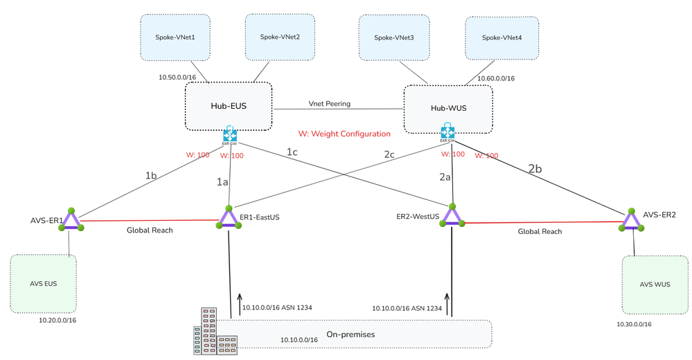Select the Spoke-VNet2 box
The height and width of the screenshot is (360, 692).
click(279, 37)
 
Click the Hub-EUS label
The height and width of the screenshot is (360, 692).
click(229, 106)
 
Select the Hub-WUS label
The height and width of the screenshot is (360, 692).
click(448, 109)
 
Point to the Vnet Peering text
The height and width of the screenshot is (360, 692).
click(330, 104)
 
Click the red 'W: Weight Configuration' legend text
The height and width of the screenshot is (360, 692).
click(344, 134)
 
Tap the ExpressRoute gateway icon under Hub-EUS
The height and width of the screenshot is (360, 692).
click(230, 135)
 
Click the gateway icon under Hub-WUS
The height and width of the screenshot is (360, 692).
click(448, 131)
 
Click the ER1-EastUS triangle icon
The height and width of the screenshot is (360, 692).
click(228, 218)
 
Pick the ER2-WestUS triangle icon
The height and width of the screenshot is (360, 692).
click(452, 217)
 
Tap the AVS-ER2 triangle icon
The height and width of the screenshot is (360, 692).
click(632, 219)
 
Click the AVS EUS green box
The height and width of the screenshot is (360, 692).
click(44, 285)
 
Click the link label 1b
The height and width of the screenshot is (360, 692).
click(151, 176)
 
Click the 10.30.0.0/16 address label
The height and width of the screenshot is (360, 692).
click(634, 324)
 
